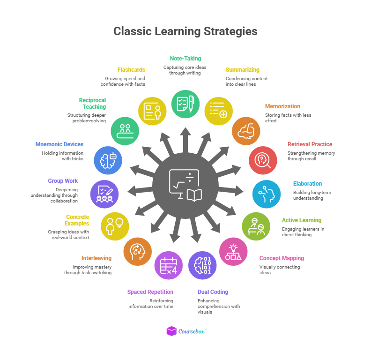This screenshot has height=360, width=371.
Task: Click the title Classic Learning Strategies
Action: [185, 31]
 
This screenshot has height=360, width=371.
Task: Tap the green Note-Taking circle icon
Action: [185, 104]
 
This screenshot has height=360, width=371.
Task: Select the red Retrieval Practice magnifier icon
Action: [263, 160]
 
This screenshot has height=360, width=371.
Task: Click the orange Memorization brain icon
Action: [246, 131]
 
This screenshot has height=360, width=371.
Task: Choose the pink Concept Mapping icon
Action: [233, 252]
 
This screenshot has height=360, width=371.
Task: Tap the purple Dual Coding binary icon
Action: [202, 265]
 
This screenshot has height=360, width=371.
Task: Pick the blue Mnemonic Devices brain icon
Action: [108, 160]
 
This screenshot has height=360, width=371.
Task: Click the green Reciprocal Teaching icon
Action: [125, 131]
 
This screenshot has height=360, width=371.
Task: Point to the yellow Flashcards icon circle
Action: [152, 111]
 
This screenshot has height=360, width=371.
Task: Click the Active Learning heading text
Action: [301, 220]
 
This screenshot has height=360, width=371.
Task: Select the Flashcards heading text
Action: [131, 70]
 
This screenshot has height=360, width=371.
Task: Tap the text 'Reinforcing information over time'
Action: [151, 303]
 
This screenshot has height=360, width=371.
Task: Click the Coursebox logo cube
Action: [172, 331]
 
